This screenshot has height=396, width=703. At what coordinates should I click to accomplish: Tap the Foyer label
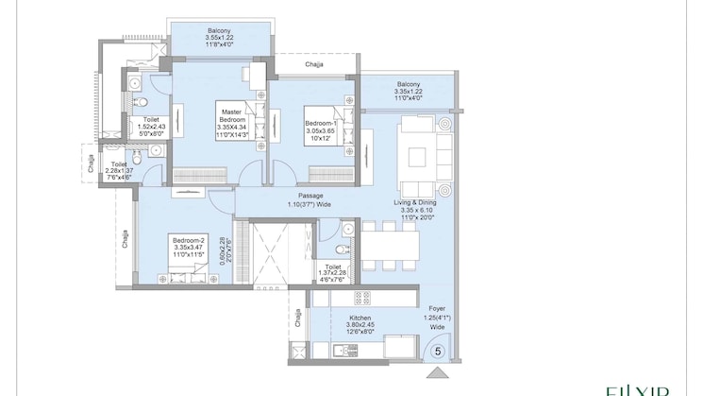click(436, 314)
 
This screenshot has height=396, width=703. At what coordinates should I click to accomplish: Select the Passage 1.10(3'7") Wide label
click(310, 199)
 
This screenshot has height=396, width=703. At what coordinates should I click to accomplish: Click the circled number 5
click(438, 351)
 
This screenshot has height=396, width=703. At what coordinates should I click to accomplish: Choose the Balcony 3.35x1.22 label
click(408, 90)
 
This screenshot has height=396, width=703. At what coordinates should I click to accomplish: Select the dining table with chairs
click(388, 246)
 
